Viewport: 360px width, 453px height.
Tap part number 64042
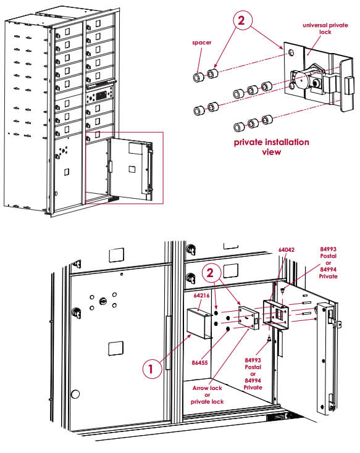(286, 250)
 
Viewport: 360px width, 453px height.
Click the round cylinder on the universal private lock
(303, 80)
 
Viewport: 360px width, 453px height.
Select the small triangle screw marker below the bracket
(270, 339)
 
